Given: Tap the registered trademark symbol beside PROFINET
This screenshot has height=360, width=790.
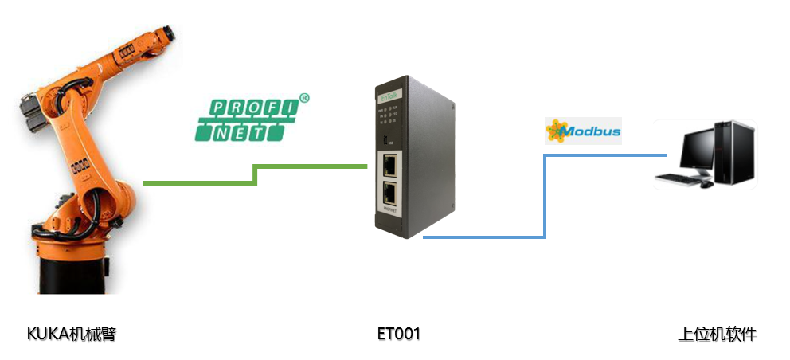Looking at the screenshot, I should click(303, 99).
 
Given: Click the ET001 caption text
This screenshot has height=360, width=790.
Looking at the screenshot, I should click(398, 334).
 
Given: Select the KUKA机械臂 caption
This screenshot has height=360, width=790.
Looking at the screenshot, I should click(72, 334).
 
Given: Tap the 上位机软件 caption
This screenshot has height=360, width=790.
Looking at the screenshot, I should click(717, 334).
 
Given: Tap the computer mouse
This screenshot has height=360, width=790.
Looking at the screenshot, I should click(706, 185).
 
